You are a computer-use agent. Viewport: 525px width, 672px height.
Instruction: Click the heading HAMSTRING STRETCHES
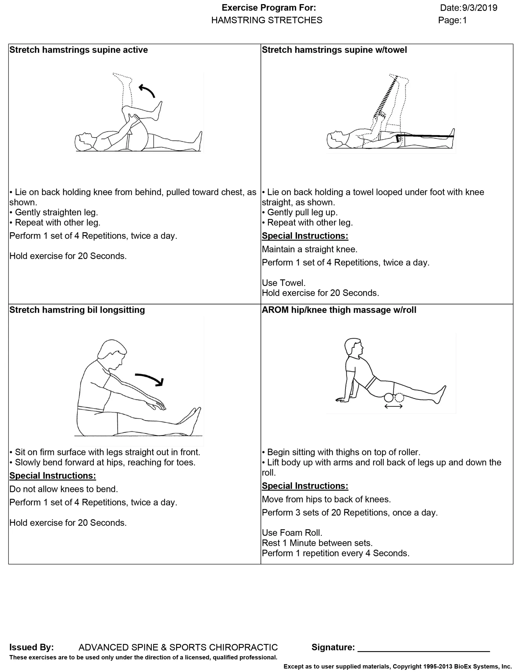click(267, 20)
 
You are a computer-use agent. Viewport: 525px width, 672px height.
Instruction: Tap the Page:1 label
click(453, 20)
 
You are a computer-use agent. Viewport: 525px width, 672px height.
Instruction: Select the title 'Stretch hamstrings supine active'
click(78, 50)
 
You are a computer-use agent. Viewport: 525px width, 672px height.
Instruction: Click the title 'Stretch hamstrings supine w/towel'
click(334, 50)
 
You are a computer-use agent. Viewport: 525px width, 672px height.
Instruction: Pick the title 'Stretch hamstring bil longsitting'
click(77, 310)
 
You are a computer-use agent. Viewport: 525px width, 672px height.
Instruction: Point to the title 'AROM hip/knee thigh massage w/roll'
click(339, 310)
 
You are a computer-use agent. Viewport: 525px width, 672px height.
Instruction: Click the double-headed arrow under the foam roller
click(394, 407)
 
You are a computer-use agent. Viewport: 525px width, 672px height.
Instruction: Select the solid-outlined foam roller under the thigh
click(389, 398)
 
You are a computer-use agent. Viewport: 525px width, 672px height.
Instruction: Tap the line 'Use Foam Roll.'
click(292, 533)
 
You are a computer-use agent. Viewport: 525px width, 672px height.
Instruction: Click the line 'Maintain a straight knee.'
click(310, 249)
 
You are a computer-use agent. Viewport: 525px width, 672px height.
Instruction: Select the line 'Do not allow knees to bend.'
click(64, 489)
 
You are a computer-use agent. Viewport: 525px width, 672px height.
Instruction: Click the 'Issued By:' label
click(32, 647)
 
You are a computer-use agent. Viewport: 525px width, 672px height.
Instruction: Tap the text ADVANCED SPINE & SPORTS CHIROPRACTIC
click(178, 647)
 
